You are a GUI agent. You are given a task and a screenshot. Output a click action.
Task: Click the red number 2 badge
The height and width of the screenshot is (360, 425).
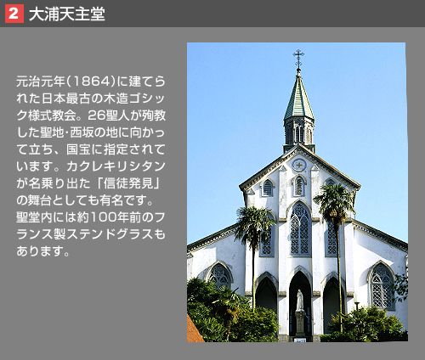click(14, 14)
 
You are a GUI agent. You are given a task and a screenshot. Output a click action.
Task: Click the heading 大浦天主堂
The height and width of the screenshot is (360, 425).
click(67, 14)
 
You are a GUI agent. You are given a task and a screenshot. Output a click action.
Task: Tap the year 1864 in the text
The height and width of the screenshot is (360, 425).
click(91, 82)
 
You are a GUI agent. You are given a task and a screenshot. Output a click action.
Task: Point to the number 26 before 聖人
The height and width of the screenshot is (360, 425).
click(97, 115)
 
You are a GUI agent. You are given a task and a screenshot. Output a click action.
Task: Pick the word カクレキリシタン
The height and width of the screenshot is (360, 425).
click(116, 166)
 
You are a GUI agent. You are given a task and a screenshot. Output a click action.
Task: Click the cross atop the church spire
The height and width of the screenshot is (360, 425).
click(298, 57)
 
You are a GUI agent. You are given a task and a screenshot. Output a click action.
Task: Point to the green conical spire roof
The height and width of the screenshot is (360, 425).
click(299, 98)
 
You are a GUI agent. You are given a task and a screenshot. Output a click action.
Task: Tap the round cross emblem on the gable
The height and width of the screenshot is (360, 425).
click(299, 165)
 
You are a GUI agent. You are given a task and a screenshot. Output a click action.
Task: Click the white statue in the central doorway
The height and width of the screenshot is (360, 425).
click(300, 300)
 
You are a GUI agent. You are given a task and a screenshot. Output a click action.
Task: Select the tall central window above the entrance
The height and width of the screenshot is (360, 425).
click(300, 229)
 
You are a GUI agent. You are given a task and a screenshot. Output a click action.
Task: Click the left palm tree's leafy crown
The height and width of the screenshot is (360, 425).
click(253, 223)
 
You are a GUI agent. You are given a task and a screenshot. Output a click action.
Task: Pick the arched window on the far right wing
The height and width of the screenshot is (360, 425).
click(381, 285)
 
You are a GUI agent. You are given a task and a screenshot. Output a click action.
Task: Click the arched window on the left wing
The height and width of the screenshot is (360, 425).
click(219, 275)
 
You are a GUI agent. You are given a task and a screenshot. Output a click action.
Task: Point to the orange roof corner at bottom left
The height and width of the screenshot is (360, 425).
click(194, 329)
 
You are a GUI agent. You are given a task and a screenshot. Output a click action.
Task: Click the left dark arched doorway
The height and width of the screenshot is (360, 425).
click(266, 295)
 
